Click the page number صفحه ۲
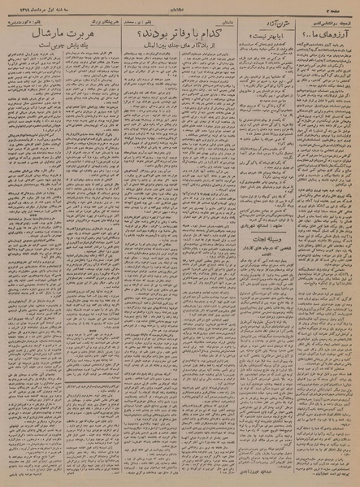coord(343,7)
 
